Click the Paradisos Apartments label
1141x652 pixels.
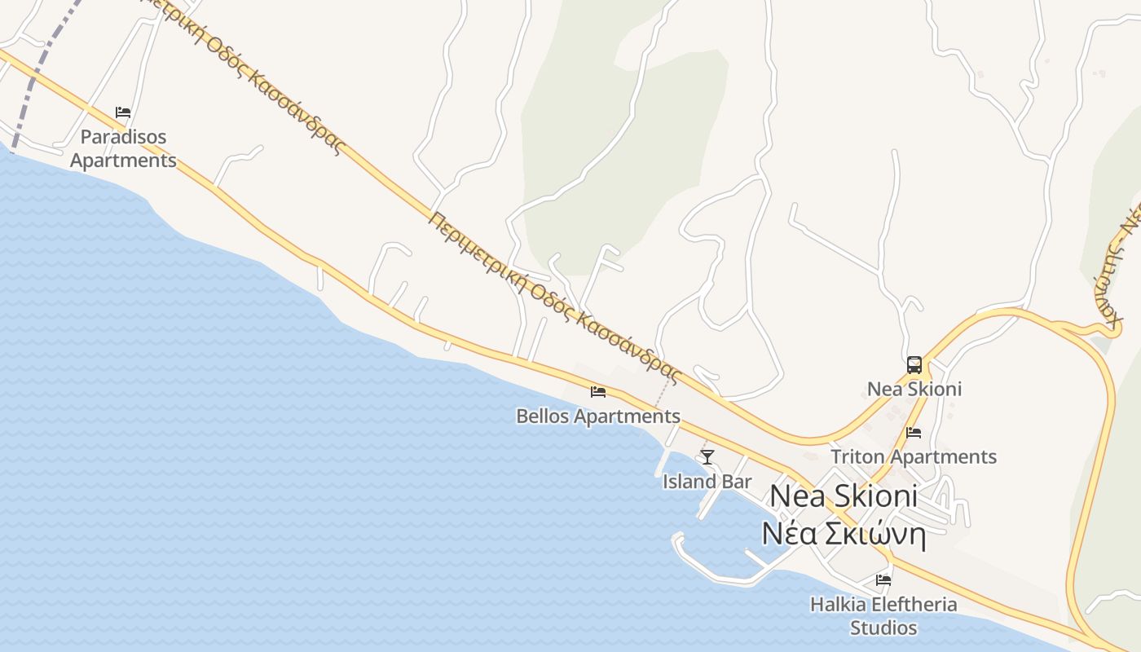point(123,148)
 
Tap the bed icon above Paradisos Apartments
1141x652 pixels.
point(123,112)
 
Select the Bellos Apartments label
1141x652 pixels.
point(598,416)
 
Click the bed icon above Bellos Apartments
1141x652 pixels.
point(598,392)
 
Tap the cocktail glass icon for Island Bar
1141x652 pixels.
point(707,456)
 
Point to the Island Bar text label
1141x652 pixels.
point(707,482)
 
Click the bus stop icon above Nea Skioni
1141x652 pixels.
point(914,364)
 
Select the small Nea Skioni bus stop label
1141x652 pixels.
point(914,389)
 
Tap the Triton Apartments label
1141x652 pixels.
point(914,456)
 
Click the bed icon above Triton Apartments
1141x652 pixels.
point(914,433)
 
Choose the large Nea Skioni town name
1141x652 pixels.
point(844,496)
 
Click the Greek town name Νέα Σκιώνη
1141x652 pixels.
point(844,535)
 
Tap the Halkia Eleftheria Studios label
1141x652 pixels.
point(883,616)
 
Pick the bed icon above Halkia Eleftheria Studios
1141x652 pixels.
point(883,580)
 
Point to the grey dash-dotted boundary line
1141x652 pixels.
point(33,81)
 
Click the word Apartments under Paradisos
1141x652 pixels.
point(123,161)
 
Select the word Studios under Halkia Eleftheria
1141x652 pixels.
point(883,628)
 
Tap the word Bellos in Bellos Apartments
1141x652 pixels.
point(543,416)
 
